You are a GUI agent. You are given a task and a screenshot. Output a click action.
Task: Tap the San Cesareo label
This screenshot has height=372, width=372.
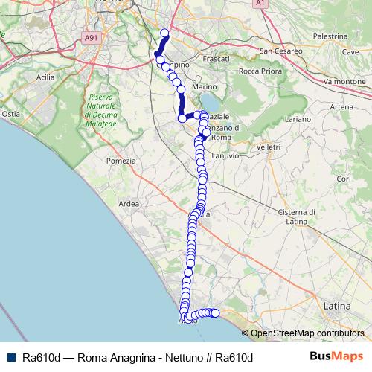click(x=281, y=51)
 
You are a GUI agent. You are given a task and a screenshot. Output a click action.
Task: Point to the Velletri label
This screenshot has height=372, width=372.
click(x=268, y=147)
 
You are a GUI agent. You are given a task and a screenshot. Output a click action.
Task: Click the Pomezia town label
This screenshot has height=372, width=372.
click(x=121, y=161)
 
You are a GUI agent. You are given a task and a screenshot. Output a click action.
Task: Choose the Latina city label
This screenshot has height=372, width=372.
click(x=339, y=305)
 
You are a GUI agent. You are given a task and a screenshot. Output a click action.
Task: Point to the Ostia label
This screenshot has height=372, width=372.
click(x=11, y=114)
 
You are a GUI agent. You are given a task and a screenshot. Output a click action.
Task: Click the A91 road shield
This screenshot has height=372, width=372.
click(x=91, y=38)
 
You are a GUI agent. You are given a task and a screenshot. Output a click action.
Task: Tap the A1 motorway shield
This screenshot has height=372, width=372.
click(x=260, y=4)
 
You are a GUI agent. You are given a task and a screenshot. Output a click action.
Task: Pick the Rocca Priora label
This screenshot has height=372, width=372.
click(x=257, y=71)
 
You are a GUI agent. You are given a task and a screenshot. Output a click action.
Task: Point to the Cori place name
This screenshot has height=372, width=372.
click(x=343, y=179)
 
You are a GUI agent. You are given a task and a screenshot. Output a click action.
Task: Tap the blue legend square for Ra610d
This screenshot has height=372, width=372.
click(x=10, y=356)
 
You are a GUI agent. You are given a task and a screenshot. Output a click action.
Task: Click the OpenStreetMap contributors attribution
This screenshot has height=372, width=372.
click(x=307, y=333)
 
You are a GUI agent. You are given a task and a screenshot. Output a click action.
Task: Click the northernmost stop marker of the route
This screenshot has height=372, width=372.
click(x=165, y=33)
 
